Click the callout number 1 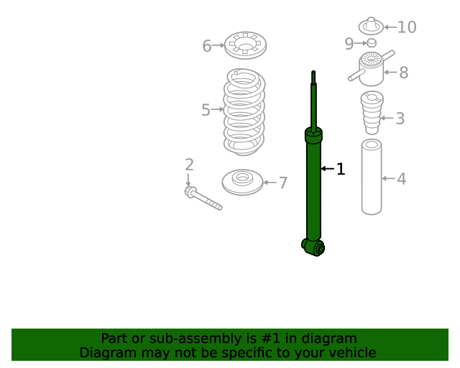(x=341, y=169)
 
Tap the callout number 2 (x=189, y=165)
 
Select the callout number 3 (x=400, y=119)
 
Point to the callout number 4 (x=401, y=179)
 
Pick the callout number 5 (x=206, y=110)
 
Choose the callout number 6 (x=207, y=46)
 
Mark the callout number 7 (x=282, y=183)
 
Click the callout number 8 (x=403, y=73)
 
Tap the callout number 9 (x=349, y=44)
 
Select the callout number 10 (x=406, y=27)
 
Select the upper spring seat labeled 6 (x=246, y=46)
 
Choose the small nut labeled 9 (x=372, y=43)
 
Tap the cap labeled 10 (x=371, y=27)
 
